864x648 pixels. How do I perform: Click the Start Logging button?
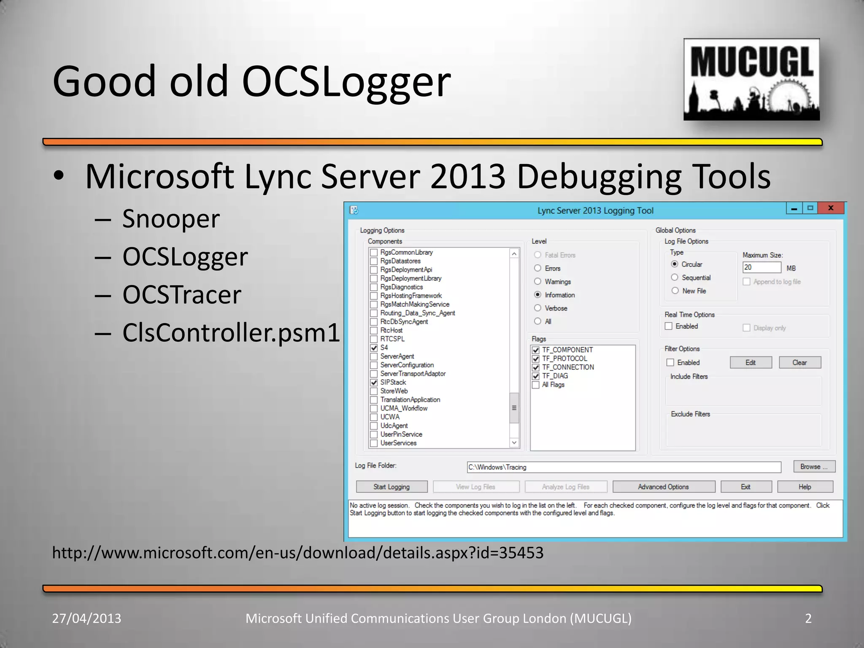391,487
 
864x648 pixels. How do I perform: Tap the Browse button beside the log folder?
814,467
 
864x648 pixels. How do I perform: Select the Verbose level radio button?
537,308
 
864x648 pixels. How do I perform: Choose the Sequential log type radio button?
675,277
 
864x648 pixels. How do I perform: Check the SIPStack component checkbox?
374,383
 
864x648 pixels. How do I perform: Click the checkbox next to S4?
374,348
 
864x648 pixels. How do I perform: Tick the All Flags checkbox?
536,385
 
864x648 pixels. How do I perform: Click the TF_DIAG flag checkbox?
536,376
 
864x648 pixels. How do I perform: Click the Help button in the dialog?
805,487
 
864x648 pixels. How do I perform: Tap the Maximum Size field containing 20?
761,267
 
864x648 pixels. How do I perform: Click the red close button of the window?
831,208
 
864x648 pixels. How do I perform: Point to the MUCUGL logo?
751,80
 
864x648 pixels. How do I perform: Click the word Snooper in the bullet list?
171,219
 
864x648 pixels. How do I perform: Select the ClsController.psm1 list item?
231,332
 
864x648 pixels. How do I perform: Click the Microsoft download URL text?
298,553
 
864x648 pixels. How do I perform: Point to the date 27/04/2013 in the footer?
86,618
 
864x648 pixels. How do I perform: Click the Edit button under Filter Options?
751,362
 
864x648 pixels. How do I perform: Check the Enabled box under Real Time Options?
669,326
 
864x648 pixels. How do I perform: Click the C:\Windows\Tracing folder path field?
624,467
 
